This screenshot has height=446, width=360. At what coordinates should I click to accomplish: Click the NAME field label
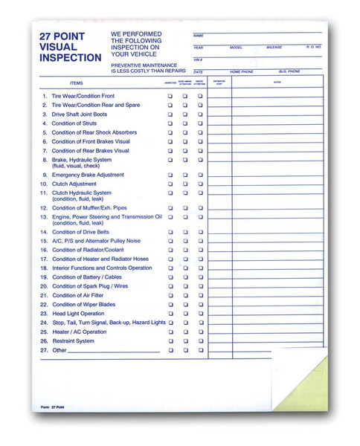[x=198, y=36]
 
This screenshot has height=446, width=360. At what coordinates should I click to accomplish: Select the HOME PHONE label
[x=242, y=71]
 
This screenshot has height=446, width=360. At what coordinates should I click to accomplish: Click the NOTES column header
[x=277, y=83]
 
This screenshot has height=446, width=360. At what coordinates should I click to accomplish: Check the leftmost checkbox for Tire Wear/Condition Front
[x=170, y=97]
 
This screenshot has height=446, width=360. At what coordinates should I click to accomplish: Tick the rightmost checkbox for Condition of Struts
[x=200, y=123]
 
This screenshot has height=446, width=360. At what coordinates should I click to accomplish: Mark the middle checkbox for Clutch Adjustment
[x=185, y=184]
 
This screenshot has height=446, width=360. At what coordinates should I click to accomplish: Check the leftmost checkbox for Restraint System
[x=170, y=340]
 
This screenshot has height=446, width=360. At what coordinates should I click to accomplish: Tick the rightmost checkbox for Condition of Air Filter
[x=200, y=295]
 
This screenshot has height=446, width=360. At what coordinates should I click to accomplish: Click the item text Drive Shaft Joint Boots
[x=80, y=114]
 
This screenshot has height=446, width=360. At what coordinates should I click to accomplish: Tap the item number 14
[x=44, y=232]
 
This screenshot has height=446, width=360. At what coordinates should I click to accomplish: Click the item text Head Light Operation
[x=78, y=314]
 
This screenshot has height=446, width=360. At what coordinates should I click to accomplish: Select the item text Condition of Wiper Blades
[x=83, y=304]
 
